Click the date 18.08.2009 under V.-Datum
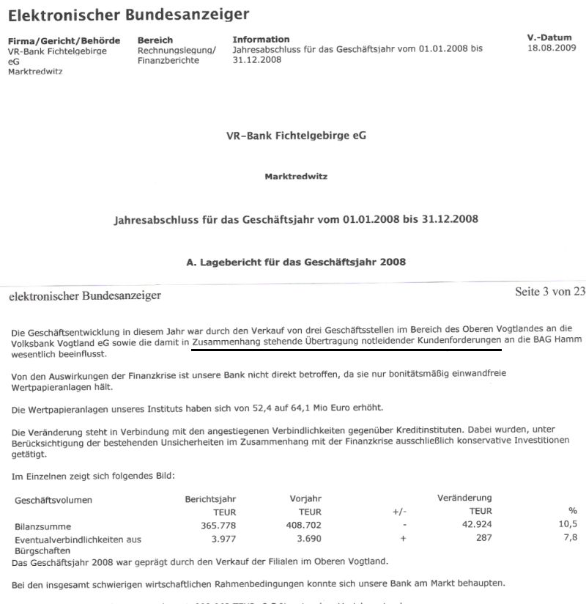(552, 48)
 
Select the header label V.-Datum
(549, 37)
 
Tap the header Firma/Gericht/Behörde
(64, 40)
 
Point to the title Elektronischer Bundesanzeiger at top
(128, 14)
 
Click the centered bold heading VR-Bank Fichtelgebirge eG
(297, 136)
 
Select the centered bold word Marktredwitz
(296, 177)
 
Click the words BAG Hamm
(555, 342)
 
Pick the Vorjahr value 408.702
(306, 525)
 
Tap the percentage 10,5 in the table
(568, 525)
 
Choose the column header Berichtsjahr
(210, 498)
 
